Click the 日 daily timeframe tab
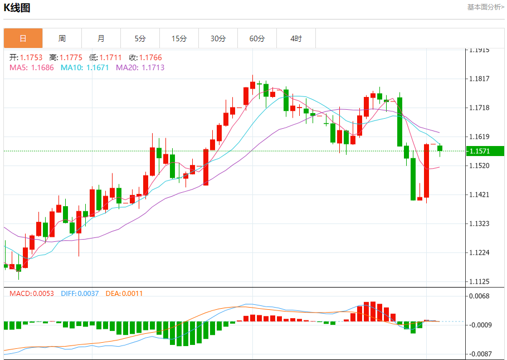[23, 38]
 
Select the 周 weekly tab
[62, 38]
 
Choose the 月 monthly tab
[101, 38]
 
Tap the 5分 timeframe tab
[140, 38]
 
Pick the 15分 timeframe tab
[179, 38]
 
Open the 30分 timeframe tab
[218, 38]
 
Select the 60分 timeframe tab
[257, 38]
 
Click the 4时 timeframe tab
[296, 38]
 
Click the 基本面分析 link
[485, 7]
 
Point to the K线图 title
[17, 8]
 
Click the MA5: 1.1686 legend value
[31, 67]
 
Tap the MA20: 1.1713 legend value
[140, 67]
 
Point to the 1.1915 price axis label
[479, 50]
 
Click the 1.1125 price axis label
[479, 281]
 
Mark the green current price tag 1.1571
[486, 151]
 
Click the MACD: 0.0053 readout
[32, 293]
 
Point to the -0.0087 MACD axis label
[479, 354]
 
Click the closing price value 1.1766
[150, 57]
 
